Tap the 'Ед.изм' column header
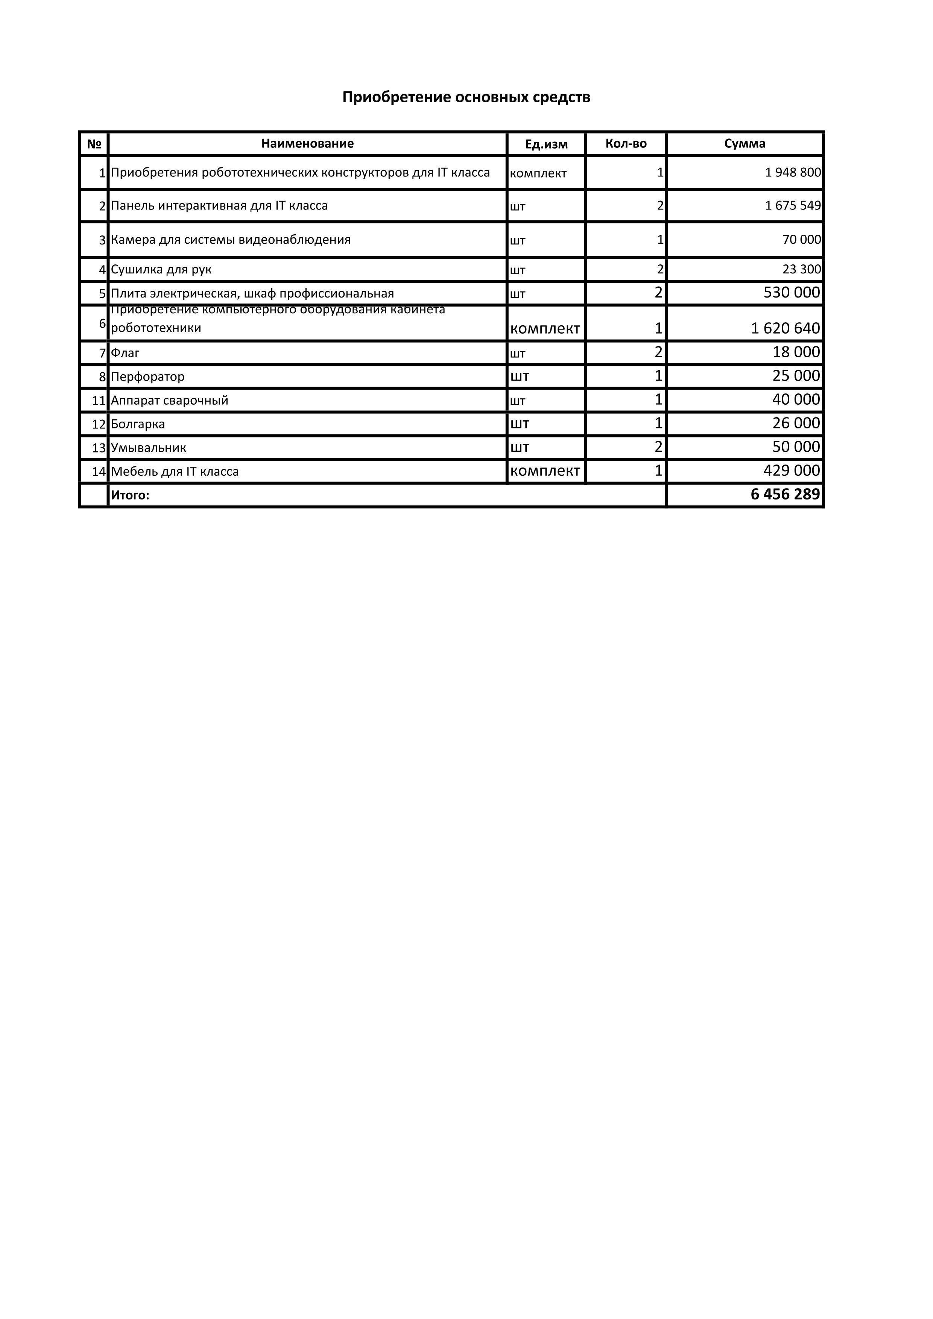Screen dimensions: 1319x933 [x=546, y=144]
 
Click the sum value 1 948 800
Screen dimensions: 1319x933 [x=793, y=172]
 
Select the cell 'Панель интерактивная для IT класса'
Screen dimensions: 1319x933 [x=219, y=206]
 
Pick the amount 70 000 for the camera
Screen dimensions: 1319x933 [x=801, y=240]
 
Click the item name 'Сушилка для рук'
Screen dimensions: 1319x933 [x=161, y=269]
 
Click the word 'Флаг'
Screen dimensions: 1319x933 [x=125, y=353]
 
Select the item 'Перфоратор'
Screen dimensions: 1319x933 [x=147, y=377]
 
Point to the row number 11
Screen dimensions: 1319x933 [x=99, y=401]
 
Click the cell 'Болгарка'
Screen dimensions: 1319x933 [x=138, y=424]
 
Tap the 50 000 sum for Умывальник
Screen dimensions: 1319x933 [x=796, y=446]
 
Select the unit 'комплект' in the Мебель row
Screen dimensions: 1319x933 [x=545, y=471]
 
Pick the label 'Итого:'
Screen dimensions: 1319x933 [x=130, y=495]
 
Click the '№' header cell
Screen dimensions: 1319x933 [x=94, y=144]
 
